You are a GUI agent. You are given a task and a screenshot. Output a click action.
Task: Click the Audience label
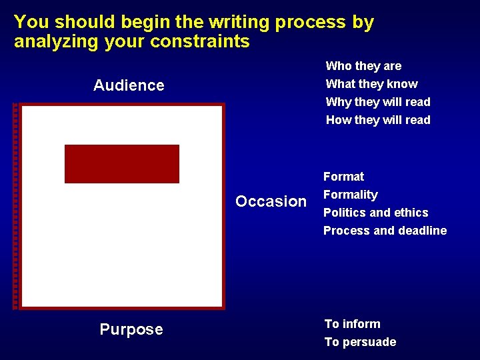129,85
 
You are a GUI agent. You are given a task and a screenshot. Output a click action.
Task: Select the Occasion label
271,201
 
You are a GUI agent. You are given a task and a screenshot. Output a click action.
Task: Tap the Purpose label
131,329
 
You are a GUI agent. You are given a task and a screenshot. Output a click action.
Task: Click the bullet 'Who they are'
363,66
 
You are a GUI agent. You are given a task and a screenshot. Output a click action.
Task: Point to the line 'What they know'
371,84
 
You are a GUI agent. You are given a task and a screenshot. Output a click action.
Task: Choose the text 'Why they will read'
378,102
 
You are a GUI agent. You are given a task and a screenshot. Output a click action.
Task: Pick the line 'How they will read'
378,120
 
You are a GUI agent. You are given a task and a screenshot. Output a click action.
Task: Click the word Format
343,177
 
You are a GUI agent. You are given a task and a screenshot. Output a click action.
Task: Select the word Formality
350,195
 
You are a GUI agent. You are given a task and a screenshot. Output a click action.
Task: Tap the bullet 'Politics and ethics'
375,213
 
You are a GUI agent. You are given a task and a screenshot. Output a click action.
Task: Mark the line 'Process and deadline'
385,231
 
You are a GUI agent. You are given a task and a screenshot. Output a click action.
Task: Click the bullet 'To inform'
352,324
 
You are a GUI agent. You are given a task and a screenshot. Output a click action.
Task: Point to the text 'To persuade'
360,342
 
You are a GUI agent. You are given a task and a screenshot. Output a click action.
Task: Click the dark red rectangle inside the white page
122,163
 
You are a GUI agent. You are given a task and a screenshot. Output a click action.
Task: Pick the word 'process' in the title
311,23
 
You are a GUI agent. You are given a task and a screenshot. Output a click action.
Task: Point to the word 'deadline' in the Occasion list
421,231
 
